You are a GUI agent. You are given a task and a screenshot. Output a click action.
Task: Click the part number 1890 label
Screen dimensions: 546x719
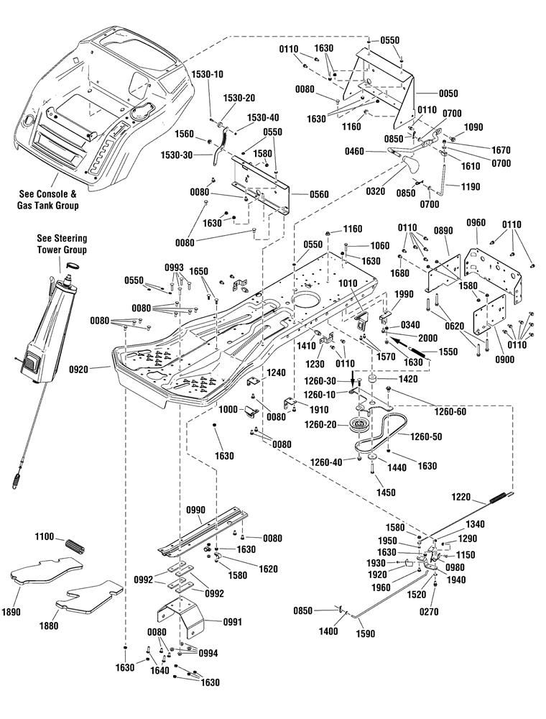(x=11, y=612)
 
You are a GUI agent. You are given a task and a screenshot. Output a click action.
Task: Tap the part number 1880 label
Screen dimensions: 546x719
(x=49, y=626)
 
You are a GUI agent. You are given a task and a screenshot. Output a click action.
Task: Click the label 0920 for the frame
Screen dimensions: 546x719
(x=79, y=369)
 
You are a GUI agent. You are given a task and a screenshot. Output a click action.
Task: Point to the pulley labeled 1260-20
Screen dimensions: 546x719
(x=361, y=426)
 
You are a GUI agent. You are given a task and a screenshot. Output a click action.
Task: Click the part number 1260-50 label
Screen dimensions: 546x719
(x=426, y=436)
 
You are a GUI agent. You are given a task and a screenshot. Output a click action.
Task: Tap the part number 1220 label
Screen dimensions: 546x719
(x=461, y=496)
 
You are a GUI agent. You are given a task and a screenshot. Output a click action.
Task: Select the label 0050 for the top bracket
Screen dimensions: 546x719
(x=448, y=93)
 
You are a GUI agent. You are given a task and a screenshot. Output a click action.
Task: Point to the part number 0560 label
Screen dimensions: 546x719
(x=319, y=194)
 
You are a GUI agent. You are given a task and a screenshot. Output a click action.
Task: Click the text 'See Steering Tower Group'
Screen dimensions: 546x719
(x=61, y=244)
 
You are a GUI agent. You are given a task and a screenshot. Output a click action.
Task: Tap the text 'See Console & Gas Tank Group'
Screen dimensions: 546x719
(x=48, y=200)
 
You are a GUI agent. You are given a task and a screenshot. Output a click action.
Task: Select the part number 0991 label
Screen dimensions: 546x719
(x=232, y=622)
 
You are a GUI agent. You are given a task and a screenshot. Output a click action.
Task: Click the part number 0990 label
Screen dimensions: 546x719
(x=195, y=510)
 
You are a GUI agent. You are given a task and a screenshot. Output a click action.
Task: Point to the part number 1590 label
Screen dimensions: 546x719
(x=365, y=633)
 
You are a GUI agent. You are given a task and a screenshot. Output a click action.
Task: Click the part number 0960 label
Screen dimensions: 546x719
(x=476, y=224)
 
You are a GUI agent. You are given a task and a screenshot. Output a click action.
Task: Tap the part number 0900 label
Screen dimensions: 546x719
(x=504, y=359)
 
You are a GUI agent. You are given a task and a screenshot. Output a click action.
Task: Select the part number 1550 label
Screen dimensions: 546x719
(x=448, y=352)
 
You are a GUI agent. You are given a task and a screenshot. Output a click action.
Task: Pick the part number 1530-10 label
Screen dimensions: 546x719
(x=208, y=74)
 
